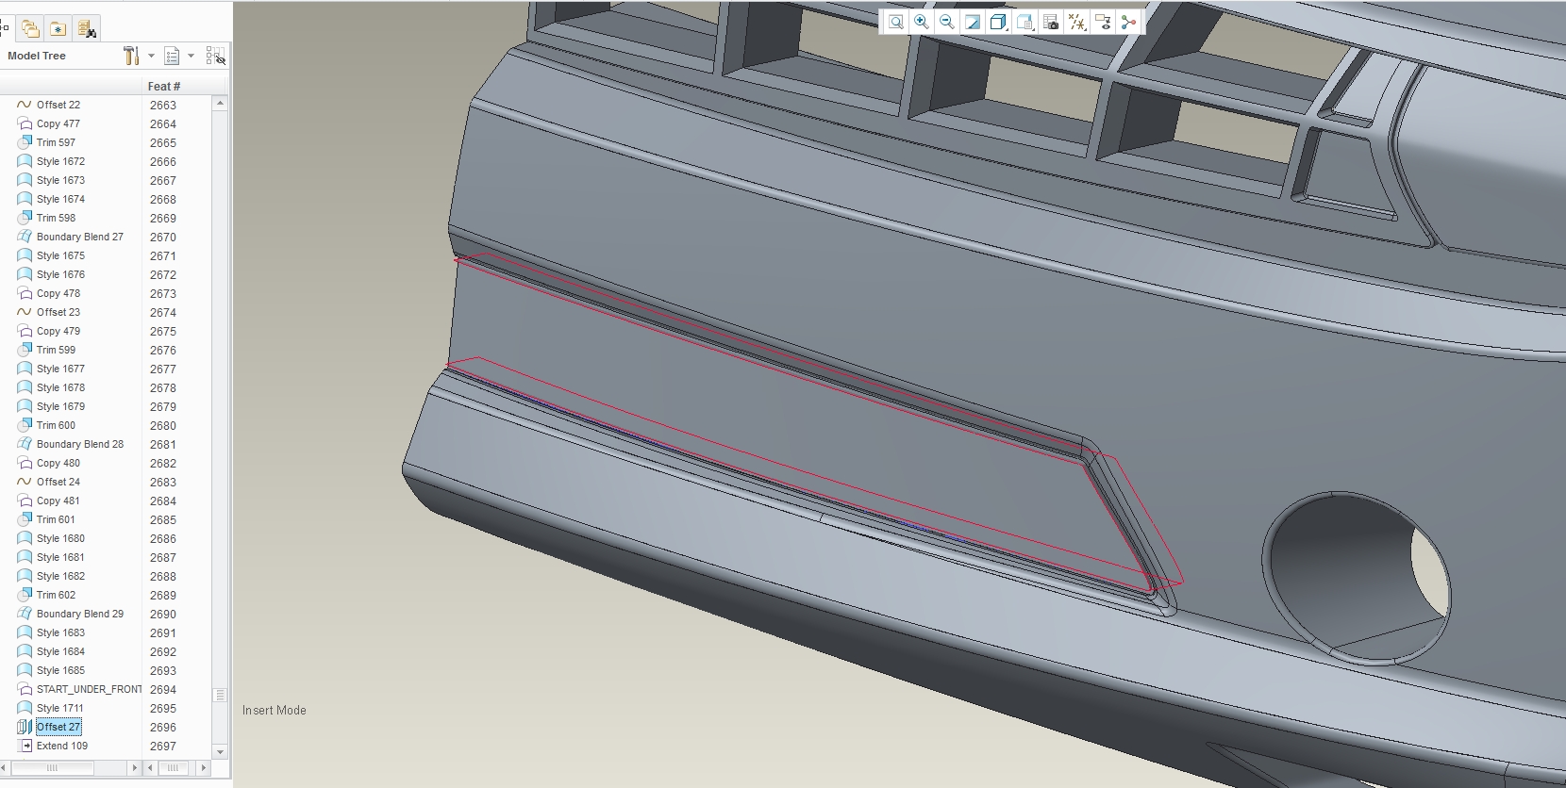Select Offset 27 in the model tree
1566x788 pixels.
[58, 728]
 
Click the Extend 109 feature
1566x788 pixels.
[61, 747]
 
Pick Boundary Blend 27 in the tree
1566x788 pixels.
[79, 237]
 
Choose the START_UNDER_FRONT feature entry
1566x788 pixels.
[89, 690]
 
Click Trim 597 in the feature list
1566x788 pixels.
[56, 142]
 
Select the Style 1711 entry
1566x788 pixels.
[60, 709]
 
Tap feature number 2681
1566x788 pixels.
[163, 444]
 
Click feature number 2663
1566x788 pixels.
[163, 105]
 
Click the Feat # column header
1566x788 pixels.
[164, 86]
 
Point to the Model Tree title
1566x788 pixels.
[37, 56]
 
